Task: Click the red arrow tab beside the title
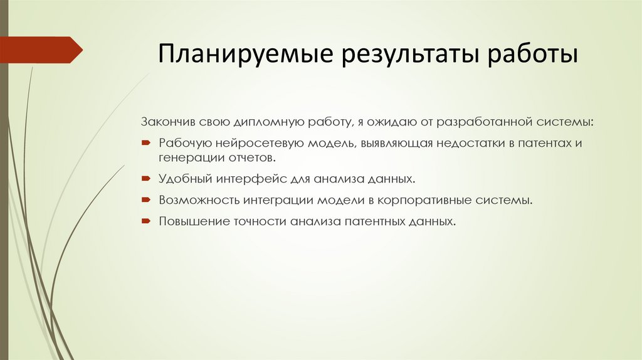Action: coord(41,50)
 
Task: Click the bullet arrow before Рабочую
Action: coord(145,143)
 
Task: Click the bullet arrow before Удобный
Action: coord(145,179)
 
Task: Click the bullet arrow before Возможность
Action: coord(145,200)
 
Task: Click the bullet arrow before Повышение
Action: coord(145,221)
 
